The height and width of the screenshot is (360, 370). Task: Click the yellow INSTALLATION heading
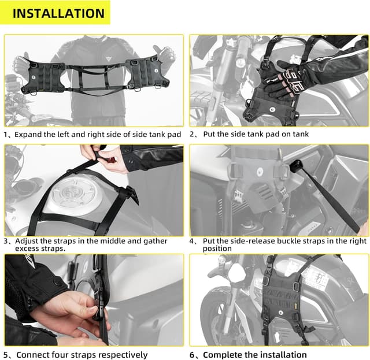(x=58, y=13)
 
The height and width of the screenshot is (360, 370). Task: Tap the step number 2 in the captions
(x=193, y=134)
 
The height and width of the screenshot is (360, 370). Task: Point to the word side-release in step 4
(x=246, y=241)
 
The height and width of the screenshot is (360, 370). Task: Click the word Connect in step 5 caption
(x=33, y=355)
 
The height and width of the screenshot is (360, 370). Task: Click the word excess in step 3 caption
(x=28, y=249)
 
